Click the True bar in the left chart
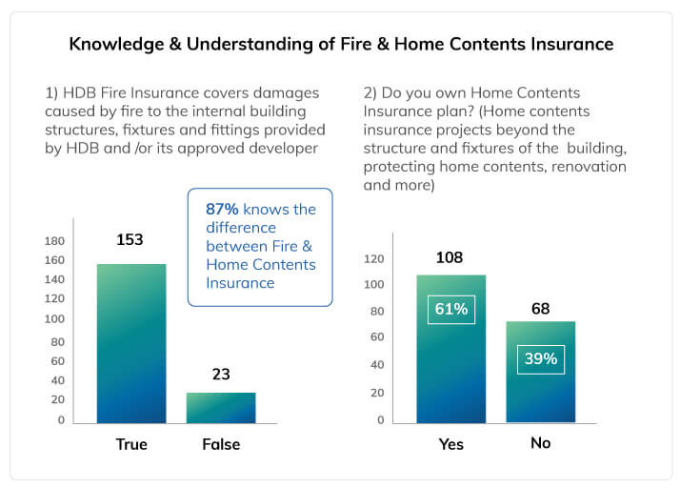pos(131,343)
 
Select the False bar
pos(221,408)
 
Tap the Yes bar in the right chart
pos(451,349)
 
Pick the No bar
pos(541,372)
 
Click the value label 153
pos(130,239)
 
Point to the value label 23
pos(221,375)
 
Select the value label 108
pos(450,257)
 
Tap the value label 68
pos(541,309)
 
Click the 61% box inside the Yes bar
pos(451,310)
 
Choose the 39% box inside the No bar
pos(541,359)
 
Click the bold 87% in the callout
pos(222,210)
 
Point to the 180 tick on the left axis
pos(54,241)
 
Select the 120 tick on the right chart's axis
pos(374,259)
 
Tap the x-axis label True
pos(131,444)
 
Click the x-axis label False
pos(221,444)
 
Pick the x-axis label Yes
pos(451,444)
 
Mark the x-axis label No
pos(541,443)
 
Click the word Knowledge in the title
pos(116,45)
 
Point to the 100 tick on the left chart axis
pos(54,318)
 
